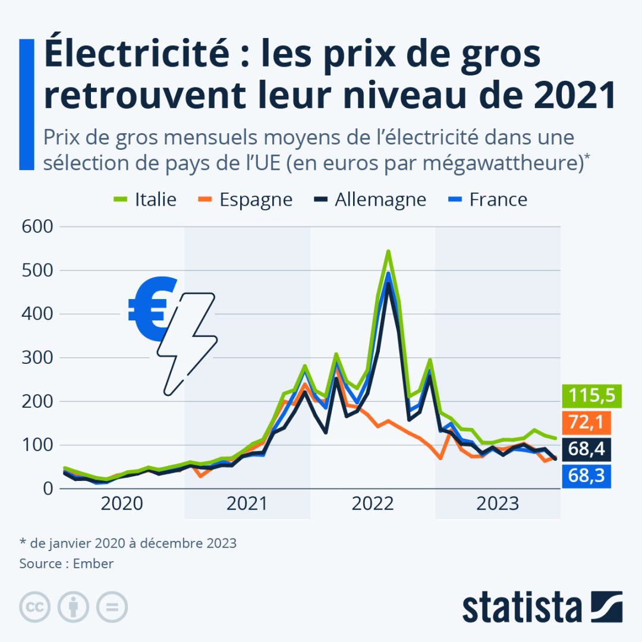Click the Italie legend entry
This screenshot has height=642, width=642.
click(145, 200)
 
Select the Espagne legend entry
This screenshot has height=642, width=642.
click(244, 200)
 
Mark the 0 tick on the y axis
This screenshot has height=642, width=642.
click(47, 489)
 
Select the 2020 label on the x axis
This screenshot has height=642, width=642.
click(122, 505)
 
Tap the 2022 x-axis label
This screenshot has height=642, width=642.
click(373, 505)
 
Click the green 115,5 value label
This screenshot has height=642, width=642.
click(587, 395)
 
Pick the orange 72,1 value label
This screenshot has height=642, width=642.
click(587, 422)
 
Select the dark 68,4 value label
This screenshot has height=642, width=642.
click(587, 449)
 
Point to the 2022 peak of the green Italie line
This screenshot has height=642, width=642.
click(388, 251)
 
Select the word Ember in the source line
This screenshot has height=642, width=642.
click(93, 564)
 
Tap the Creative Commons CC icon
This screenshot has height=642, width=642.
click(34, 607)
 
